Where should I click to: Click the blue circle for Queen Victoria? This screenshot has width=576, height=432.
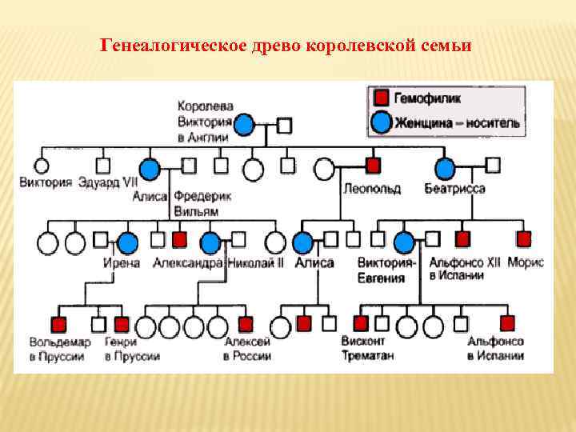click(x=244, y=124)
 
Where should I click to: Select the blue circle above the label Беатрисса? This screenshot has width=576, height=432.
click(x=445, y=168)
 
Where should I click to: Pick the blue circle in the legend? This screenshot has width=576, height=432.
click(x=382, y=122)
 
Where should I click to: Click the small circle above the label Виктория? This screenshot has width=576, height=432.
click(x=41, y=166)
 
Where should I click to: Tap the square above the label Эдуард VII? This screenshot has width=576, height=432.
click(x=102, y=166)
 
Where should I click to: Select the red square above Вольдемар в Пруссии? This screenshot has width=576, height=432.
click(x=59, y=324)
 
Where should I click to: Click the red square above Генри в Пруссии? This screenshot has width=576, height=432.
click(x=122, y=324)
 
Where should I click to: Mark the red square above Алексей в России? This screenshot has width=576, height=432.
click(x=246, y=324)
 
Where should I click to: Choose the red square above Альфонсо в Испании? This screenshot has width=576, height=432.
click(x=507, y=323)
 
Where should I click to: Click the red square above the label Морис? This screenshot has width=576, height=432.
click(x=523, y=238)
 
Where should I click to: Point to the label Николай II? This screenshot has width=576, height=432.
click(x=256, y=263)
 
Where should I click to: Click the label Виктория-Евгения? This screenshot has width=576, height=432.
click(x=387, y=270)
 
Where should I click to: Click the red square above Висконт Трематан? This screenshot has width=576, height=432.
click(x=361, y=323)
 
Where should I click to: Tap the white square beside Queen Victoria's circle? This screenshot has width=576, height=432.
click(x=283, y=125)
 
